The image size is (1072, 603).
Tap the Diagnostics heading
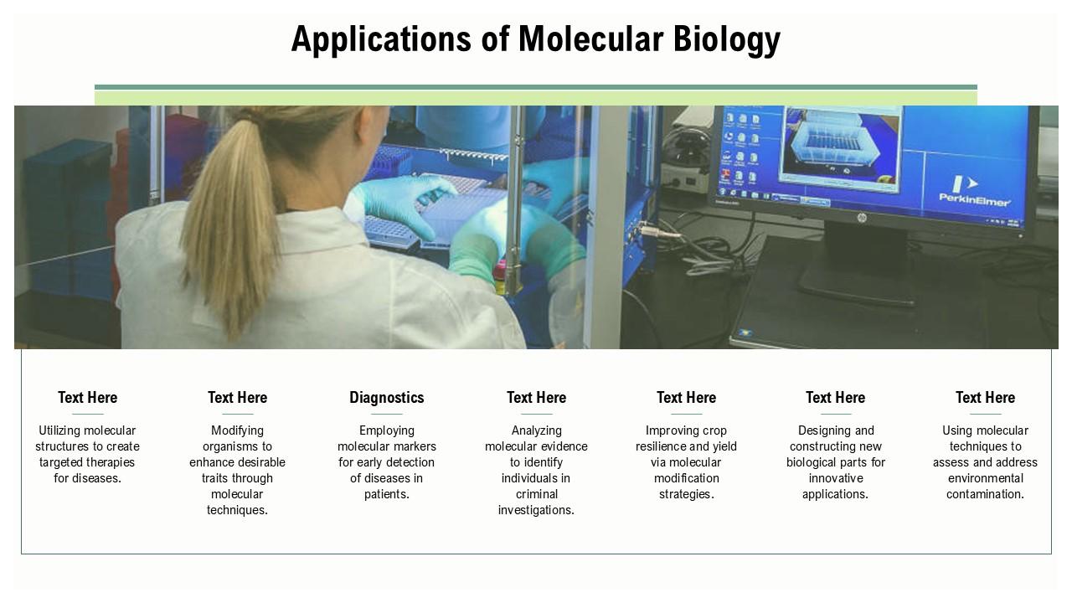(387, 398)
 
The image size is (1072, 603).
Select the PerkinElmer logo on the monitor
(974, 190)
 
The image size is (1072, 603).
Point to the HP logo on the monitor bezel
(861, 218)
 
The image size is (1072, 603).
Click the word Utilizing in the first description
(60, 430)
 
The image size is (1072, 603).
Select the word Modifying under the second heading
(237, 430)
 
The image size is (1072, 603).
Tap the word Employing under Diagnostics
(387, 430)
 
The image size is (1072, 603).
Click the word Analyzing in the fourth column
(536, 430)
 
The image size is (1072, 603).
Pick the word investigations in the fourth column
(536, 510)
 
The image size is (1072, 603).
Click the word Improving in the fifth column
(673, 430)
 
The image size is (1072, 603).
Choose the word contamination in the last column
(985, 494)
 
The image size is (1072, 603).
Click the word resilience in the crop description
(662, 446)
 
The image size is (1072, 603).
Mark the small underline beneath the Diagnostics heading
(387, 414)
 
